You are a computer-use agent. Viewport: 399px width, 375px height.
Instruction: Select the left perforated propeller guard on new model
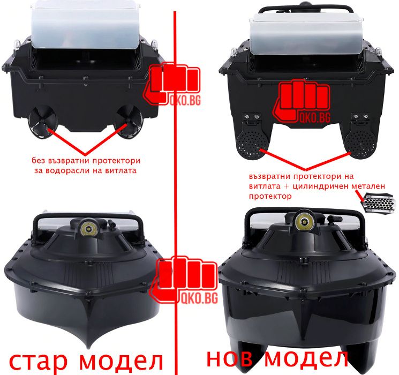coord(250,143)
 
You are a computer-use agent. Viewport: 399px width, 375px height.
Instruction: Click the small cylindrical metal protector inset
coord(376,205)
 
